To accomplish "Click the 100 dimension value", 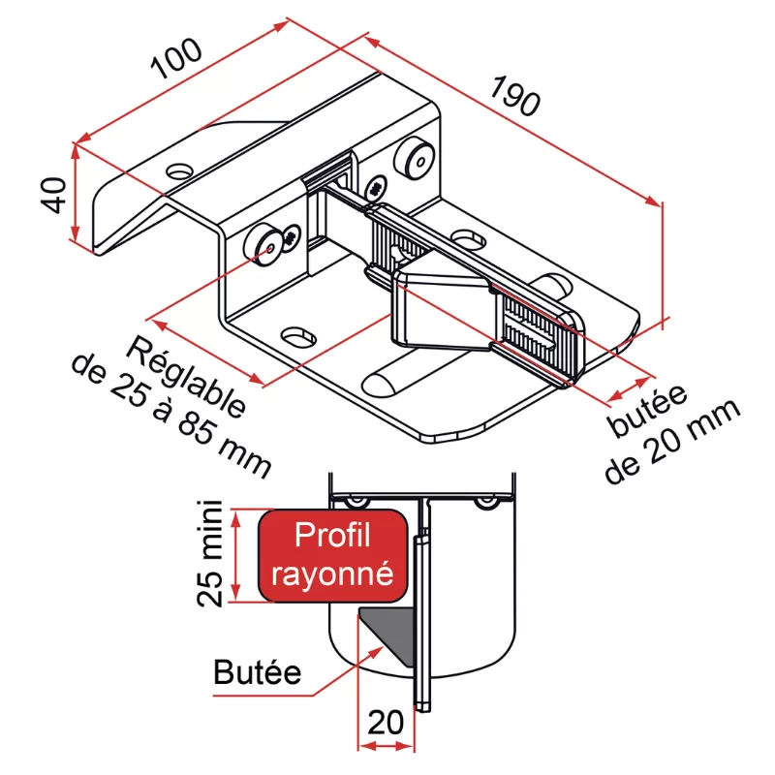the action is click(176, 58).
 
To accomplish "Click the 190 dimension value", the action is click(515, 96).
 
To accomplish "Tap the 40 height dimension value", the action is click(53, 195).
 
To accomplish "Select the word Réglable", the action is click(186, 378).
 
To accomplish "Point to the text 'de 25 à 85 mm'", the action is click(171, 416).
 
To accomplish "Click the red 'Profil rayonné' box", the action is click(333, 555).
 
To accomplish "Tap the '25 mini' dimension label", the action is click(209, 553).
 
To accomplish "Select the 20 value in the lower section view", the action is click(386, 723).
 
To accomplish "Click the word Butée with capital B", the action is click(257, 672).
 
